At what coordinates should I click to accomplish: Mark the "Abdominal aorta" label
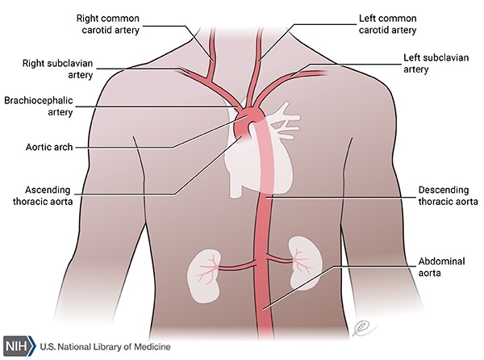[x=440, y=269]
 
